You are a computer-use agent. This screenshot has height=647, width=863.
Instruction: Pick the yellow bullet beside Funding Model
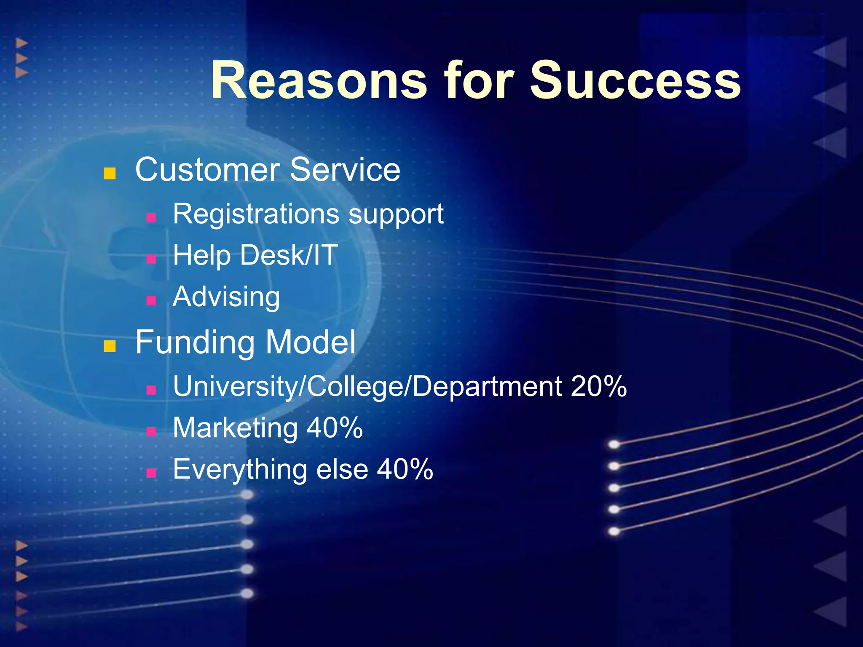[110, 346]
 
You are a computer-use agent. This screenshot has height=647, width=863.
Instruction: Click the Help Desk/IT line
[255, 256]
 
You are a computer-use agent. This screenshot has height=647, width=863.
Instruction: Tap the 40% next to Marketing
[334, 428]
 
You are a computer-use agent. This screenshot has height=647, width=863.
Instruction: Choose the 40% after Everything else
[405, 469]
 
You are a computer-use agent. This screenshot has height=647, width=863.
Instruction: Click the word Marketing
[235, 428]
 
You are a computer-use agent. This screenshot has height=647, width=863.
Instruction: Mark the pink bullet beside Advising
[151, 300]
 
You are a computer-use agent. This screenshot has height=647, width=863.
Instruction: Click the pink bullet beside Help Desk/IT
[151, 259]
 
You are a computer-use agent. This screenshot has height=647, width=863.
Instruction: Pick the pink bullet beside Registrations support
[151, 217]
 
